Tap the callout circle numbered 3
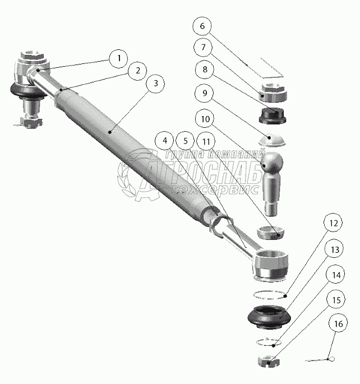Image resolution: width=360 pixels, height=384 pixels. [155, 83]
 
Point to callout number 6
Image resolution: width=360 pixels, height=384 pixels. [204, 26]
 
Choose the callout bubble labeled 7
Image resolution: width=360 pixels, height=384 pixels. [204, 48]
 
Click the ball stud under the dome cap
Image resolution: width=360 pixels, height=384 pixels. [273, 180]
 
